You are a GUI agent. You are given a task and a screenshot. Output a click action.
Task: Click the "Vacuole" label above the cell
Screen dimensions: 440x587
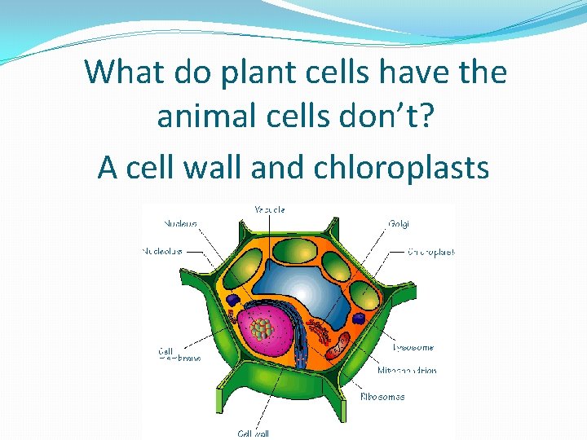tap(270, 209)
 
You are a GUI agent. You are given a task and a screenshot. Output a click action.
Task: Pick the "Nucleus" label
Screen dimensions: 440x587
tap(179, 222)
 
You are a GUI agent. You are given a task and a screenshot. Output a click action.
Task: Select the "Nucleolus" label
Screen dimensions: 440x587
tap(161, 251)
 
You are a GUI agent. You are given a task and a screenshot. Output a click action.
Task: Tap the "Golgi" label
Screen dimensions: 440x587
tap(399, 222)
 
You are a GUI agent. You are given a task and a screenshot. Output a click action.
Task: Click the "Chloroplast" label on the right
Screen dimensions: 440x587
tap(431, 252)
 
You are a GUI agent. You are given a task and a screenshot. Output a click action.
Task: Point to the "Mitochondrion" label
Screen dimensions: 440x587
tap(407, 370)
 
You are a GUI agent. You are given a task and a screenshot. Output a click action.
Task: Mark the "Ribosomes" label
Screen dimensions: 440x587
tap(382, 397)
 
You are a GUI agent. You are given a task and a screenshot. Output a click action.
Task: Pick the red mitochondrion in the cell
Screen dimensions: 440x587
tap(338, 345)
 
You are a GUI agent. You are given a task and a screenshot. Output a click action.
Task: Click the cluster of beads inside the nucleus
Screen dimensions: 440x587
tap(262, 328)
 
